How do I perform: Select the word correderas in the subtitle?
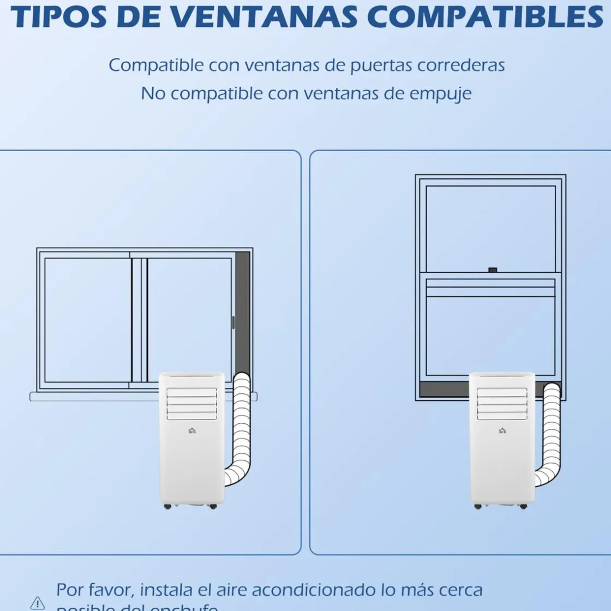(461, 65)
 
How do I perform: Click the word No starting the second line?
(153, 93)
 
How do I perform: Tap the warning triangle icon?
(38, 603)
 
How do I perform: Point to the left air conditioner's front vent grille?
(191, 404)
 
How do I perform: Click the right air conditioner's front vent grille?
(502, 404)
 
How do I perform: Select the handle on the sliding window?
(233, 322)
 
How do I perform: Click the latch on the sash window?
(493, 269)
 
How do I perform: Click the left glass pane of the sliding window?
(88, 319)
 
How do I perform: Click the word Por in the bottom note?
(69, 590)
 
